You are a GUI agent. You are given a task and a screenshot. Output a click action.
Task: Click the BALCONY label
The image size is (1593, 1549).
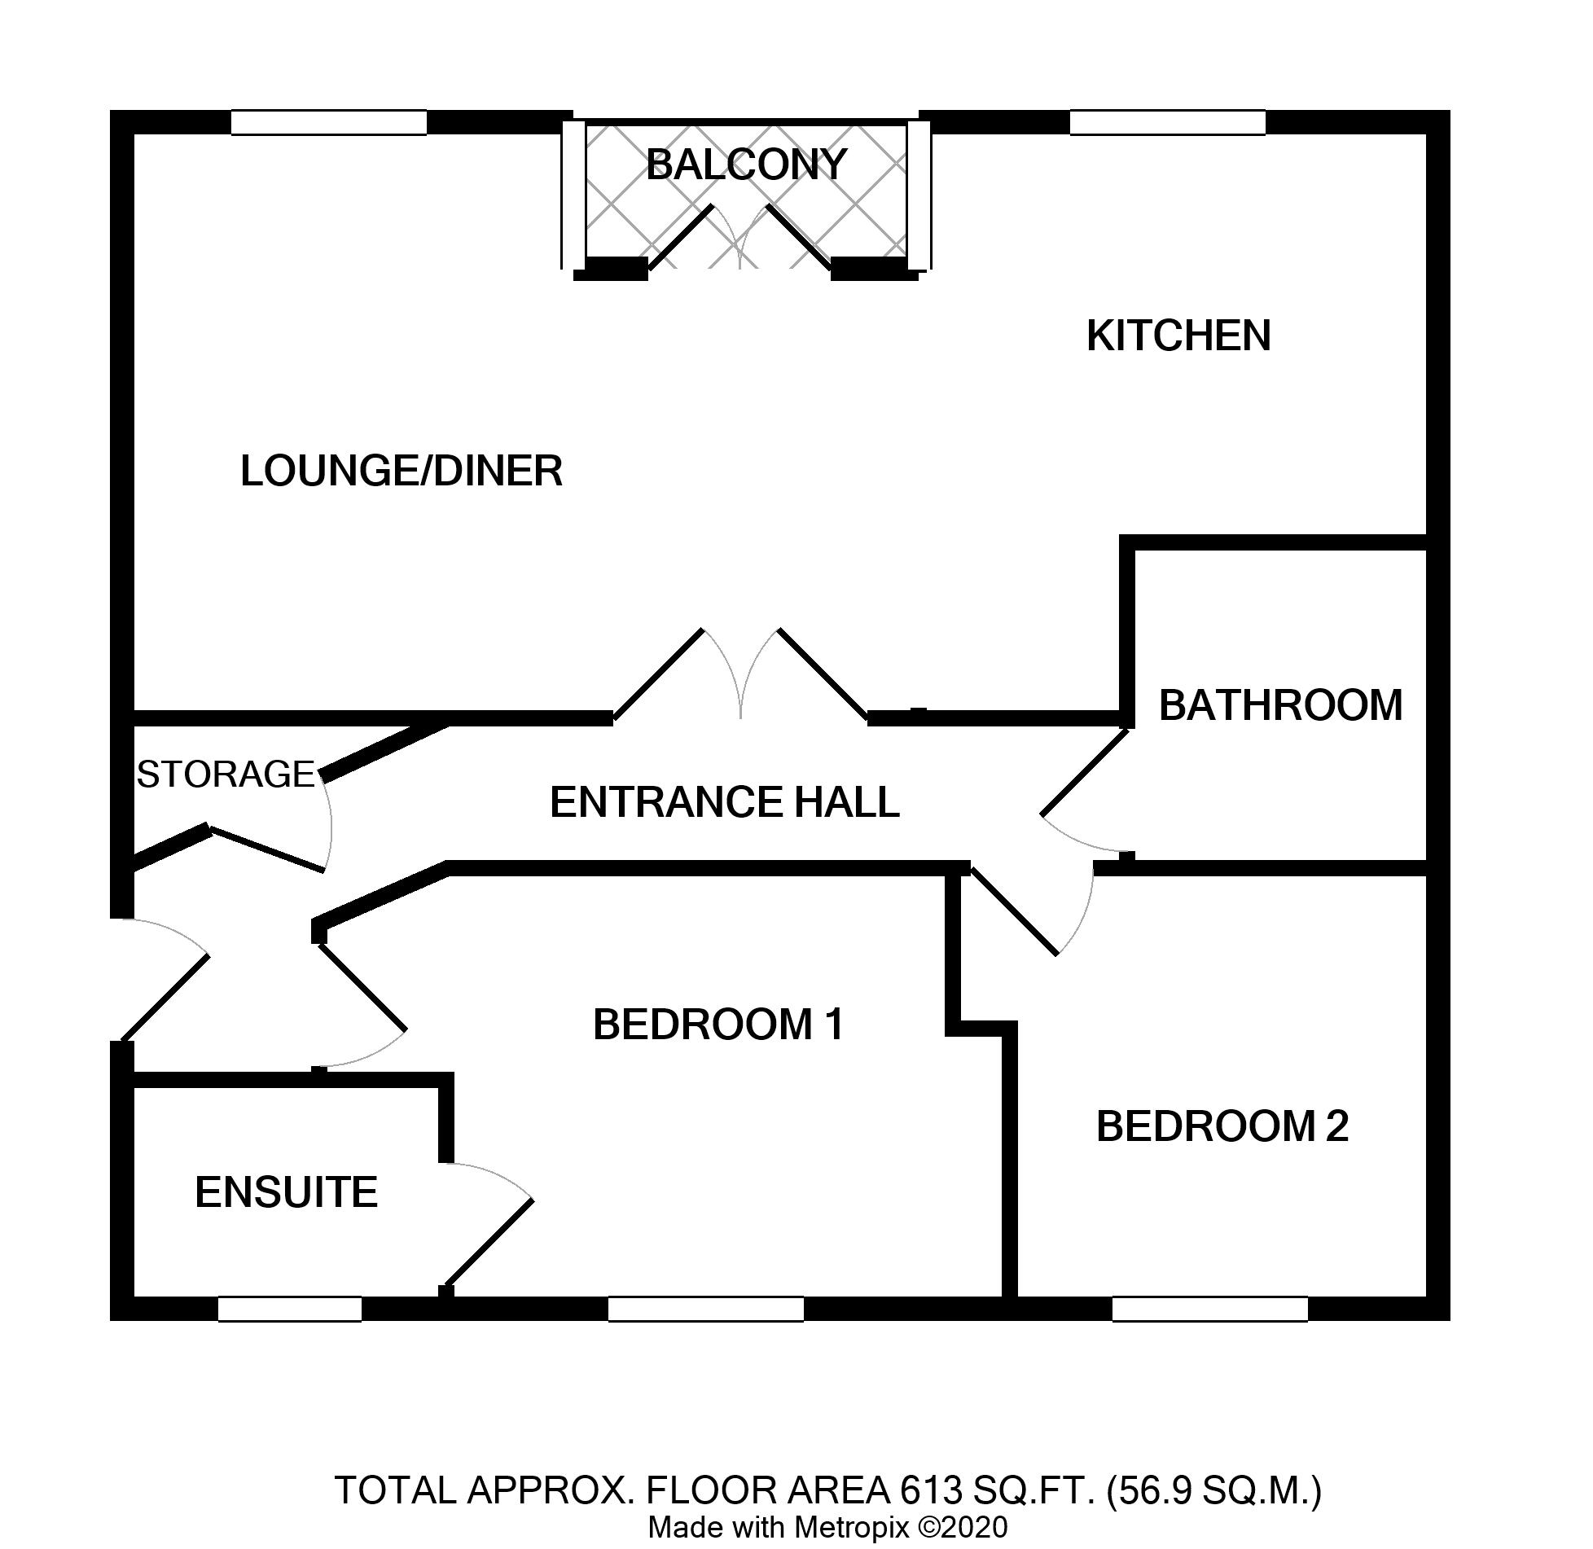click(x=746, y=165)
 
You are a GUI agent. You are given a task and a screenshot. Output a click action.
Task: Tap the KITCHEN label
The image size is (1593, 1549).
click(x=1178, y=336)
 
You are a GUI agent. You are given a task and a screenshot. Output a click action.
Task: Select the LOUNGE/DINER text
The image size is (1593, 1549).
click(x=402, y=471)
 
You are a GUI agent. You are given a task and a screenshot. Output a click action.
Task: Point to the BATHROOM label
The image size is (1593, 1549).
click(x=1280, y=705)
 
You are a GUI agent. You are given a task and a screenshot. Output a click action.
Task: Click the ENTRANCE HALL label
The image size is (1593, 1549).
click(x=724, y=801)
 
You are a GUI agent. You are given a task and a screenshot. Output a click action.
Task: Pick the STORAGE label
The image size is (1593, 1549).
click(x=226, y=774)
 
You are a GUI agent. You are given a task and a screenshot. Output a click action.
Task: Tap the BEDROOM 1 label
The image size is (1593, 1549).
click(x=718, y=1025)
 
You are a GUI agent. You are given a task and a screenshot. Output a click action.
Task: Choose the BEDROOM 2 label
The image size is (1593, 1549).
click(x=1222, y=1126)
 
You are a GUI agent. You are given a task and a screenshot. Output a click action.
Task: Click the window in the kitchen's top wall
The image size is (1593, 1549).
click(x=1167, y=122)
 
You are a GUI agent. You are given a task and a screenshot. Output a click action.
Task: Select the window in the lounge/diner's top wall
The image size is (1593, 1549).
click(x=328, y=122)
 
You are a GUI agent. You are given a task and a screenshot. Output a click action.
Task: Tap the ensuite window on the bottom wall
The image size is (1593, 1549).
click(x=289, y=1308)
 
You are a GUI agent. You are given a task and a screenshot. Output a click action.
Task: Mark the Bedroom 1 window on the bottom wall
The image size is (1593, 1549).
click(x=705, y=1308)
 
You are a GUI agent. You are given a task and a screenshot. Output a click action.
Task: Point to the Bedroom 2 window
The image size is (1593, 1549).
click(x=1209, y=1308)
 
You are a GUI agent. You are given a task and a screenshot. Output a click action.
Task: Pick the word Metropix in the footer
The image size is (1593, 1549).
click(x=851, y=1528)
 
